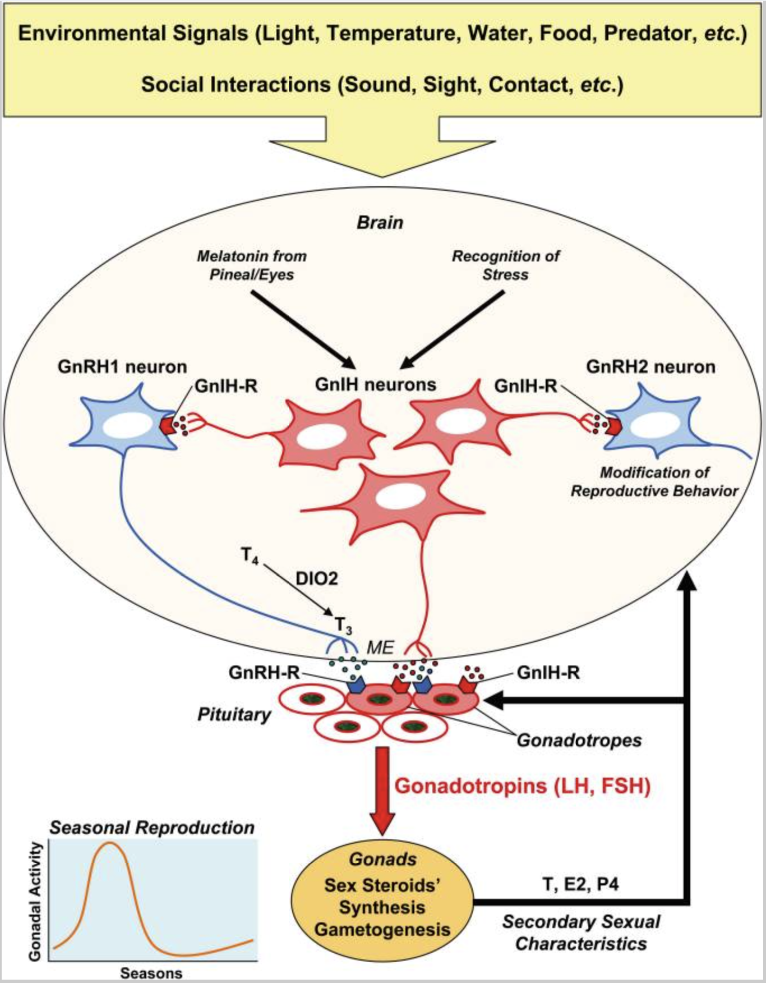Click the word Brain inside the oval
click(x=380, y=223)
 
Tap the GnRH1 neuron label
click(x=122, y=367)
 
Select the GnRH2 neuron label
click(x=650, y=367)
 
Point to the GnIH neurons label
click(x=376, y=385)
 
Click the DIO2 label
click(x=317, y=578)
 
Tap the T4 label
click(x=250, y=557)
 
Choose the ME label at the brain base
click(x=380, y=648)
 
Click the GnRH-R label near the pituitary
click(x=264, y=672)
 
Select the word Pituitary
click(x=234, y=715)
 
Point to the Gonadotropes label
click(x=579, y=741)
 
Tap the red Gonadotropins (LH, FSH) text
click(x=523, y=786)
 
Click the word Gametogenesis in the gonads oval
click(x=382, y=930)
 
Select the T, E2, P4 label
click(x=581, y=885)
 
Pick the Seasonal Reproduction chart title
click(x=152, y=828)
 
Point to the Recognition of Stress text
click(x=506, y=265)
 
